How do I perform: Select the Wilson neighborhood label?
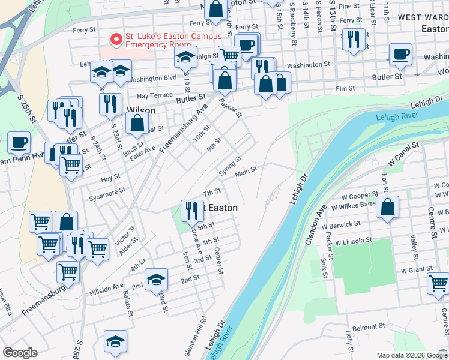[x=141, y=110]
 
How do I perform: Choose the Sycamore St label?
[x=106, y=190]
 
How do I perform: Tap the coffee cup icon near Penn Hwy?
[x=19, y=143]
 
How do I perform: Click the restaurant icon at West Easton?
[x=192, y=209]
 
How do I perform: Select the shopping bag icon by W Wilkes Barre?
[x=388, y=207]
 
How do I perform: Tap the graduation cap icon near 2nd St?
[x=156, y=278]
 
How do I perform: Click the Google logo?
[x=20, y=353]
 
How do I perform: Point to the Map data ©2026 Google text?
[x=411, y=355]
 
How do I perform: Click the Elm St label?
[x=346, y=89]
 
